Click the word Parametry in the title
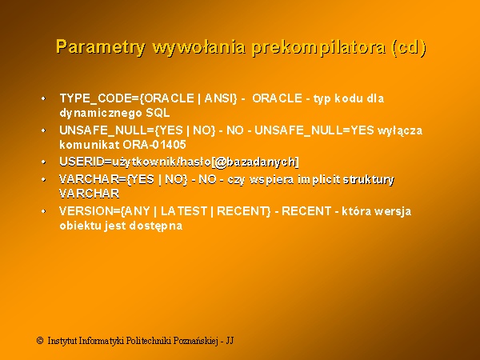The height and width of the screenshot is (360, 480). (x=101, y=47)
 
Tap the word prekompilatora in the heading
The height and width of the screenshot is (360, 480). (x=318, y=47)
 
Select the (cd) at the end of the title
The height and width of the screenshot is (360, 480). (x=409, y=47)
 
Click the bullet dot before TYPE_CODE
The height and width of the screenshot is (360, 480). (x=43, y=98)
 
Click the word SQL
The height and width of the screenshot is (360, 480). (x=158, y=113)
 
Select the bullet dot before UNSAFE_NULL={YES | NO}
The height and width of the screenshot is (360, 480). (x=43, y=130)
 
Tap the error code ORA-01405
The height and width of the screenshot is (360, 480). (x=154, y=145)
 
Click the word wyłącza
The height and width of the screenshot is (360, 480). (x=400, y=130)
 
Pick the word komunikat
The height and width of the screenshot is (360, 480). (x=89, y=145)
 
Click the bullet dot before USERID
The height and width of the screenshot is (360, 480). (x=43, y=162)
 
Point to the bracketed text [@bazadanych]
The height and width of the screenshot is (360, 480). (x=255, y=162)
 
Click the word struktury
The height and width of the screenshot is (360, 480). (x=369, y=179)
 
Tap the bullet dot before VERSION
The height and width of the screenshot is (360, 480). (x=43, y=211)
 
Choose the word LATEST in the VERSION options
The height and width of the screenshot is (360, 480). (x=184, y=211)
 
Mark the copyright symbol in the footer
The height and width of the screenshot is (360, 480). (x=40, y=341)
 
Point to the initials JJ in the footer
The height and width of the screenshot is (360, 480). (x=230, y=341)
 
